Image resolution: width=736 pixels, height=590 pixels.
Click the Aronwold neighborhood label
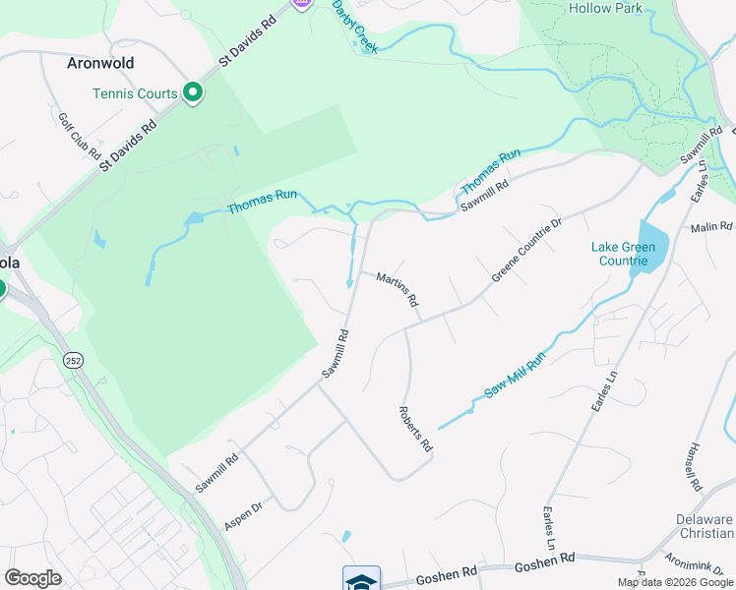[100, 63]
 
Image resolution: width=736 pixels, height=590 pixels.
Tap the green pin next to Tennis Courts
[193, 94]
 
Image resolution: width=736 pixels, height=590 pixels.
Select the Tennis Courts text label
[135, 94]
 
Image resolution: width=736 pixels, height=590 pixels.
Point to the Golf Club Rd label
[80, 137]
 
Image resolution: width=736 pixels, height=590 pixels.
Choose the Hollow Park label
[605, 8]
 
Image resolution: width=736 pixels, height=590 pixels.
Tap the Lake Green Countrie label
[620, 254]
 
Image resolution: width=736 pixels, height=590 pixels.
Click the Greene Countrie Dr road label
[526, 251]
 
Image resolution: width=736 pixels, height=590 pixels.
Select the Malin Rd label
[712, 227]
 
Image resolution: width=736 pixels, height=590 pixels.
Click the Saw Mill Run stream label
[515, 376]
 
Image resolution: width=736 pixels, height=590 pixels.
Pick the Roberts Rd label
[415, 429]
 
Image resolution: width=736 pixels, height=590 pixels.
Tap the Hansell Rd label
[692, 467]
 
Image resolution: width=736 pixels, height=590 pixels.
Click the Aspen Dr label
[243, 514]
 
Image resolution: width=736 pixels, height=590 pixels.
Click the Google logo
[32, 578]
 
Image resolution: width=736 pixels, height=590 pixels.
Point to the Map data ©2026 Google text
[676, 582]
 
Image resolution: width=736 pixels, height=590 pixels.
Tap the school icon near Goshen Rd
[361, 579]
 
